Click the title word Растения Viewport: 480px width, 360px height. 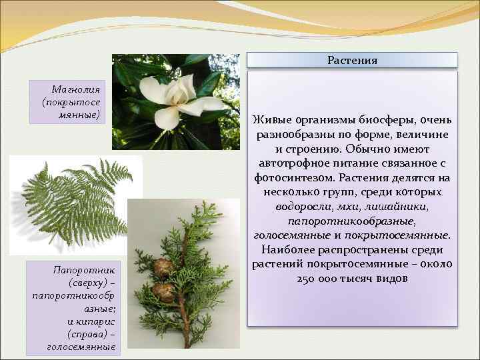coord(352,60)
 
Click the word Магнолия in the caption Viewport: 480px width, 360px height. coord(75,89)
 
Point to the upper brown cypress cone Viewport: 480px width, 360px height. coord(163,267)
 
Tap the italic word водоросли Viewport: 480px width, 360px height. coord(303,207)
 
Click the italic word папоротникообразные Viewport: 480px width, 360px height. coord(351,221)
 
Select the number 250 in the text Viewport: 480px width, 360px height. coord(308,279)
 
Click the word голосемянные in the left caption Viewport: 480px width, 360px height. coord(81,347)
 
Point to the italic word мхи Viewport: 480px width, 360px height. coord(347,207)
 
